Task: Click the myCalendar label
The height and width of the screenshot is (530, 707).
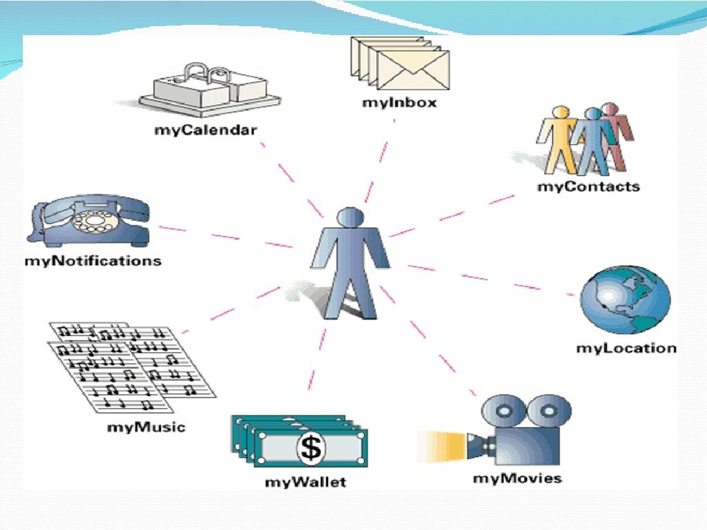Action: pyautogui.click(x=205, y=129)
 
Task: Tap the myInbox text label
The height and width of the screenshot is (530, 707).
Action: pyautogui.click(x=399, y=104)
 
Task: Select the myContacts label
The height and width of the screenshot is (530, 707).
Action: pyautogui.click(x=588, y=186)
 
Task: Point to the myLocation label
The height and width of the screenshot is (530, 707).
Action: pyautogui.click(x=626, y=348)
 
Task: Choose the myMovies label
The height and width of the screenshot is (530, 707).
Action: pyautogui.click(x=517, y=478)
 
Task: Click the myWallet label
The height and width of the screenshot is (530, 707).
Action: pyautogui.click(x=305, y=482)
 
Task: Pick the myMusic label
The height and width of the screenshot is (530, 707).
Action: pyautogui.click(x=146, y=427)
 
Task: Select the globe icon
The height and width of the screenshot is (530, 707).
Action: pyautogui.click(x=625, y=301)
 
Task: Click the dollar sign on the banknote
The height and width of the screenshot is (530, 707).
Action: pyautogui.click(x=312, y=447)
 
